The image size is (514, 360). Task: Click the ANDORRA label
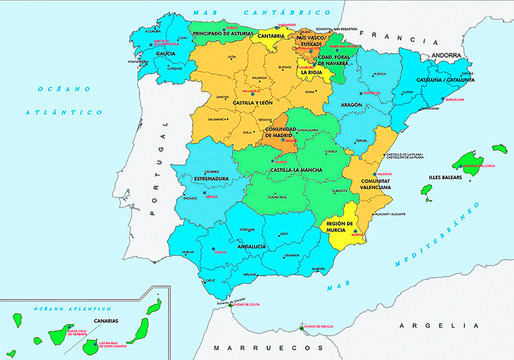click(x=451, y=55)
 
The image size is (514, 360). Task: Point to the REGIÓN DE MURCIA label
click(x=341, y=226)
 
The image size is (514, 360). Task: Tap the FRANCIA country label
click(x=387, y=37)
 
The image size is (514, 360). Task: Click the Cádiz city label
click(x=211, y=280)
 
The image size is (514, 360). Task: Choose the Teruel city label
click(x=362, y=141)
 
